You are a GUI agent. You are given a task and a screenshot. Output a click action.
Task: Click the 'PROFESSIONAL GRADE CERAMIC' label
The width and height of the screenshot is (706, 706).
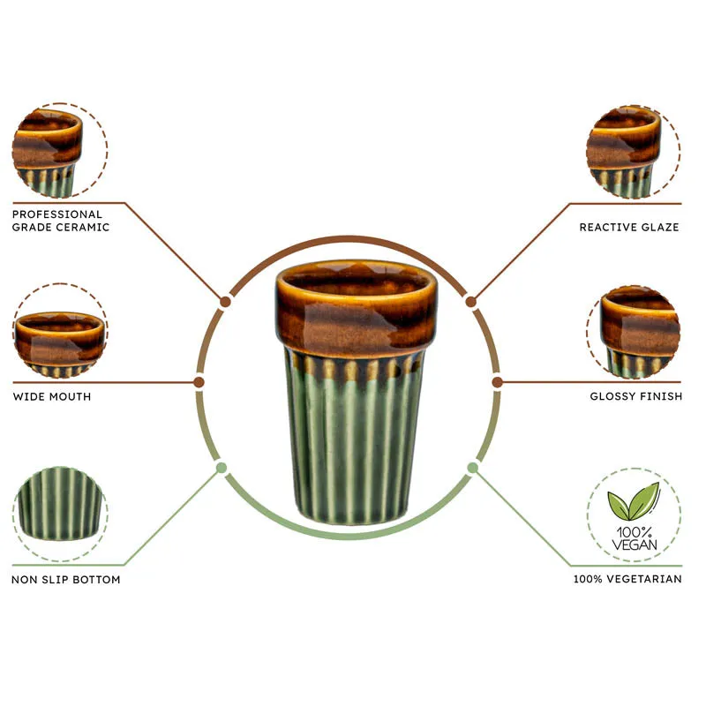61,221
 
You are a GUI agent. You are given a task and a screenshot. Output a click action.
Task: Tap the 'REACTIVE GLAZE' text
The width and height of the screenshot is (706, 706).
629,227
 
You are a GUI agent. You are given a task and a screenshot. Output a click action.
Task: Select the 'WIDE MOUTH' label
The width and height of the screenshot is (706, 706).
52,396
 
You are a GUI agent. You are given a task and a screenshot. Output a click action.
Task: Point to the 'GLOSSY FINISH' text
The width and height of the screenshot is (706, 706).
635,396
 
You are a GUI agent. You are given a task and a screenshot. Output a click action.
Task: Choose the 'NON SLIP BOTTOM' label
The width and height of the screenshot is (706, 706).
65,580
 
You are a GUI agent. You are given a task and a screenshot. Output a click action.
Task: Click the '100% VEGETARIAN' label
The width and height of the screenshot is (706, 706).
627,579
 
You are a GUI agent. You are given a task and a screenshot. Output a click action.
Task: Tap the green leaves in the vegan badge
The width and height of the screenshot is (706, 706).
634,500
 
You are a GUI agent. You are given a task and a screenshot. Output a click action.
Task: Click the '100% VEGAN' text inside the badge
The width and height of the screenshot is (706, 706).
634,539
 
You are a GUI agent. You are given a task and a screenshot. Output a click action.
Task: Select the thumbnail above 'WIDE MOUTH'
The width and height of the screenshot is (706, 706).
60,331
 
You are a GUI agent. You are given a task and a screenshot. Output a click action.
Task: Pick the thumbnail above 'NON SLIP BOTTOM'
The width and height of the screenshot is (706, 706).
60,514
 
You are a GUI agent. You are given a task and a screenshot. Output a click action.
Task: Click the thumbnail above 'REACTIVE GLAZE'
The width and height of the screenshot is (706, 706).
634,152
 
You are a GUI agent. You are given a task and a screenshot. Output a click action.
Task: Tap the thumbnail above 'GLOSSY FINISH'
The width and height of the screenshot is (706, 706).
634,332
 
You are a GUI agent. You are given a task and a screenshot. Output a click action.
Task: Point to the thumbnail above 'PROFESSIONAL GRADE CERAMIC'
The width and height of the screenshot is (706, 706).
60,150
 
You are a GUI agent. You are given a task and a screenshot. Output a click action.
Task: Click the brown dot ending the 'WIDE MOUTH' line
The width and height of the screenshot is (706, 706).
199,382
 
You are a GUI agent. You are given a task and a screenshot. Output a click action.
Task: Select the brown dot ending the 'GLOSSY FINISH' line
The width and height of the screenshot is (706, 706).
497,382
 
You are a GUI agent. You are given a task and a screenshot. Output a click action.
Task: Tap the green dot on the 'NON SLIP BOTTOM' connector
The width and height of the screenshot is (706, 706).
222,468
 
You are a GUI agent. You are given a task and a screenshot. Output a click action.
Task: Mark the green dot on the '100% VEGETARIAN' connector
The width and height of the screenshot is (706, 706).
472,468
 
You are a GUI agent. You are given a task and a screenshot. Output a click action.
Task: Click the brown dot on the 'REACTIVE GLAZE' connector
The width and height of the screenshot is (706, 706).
470,302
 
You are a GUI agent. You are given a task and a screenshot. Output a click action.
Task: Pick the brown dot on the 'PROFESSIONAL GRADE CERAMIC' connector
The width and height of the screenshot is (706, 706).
226,302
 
